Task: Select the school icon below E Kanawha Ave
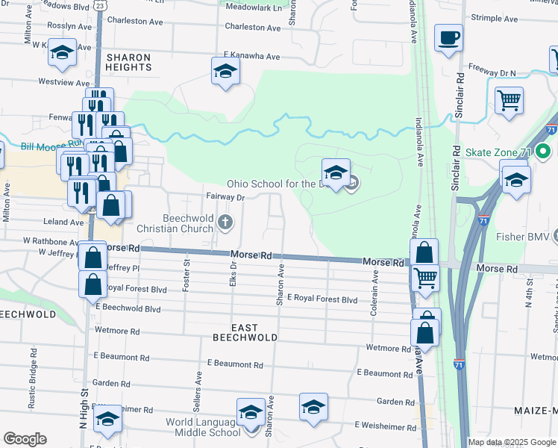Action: pos(225,72)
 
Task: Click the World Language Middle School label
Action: pos(203,427)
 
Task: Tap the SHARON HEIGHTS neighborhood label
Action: pos(129,62)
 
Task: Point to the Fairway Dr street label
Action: pos(225,198)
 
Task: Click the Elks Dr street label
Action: pos(233,274)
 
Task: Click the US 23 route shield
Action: pos(99,4)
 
